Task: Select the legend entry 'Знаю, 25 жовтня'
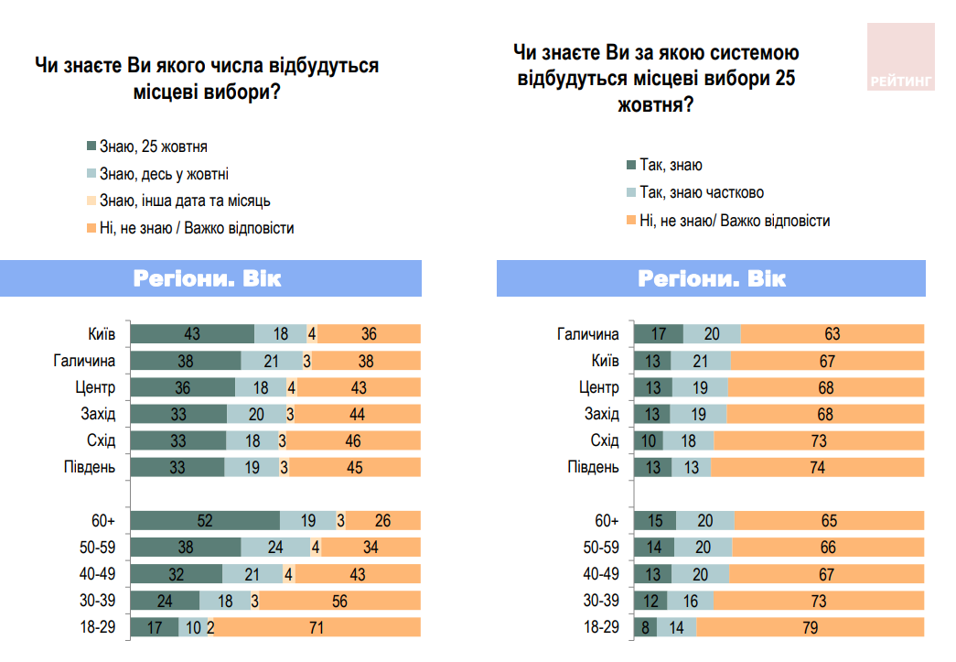146,147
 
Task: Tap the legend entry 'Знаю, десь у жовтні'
157,174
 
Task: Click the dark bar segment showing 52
205,521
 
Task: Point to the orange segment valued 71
317,627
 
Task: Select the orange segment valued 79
811,627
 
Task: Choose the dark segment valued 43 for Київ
192,334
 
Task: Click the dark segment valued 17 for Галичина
658,334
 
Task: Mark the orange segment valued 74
817,468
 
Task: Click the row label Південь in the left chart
91,468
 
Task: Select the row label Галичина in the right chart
587,334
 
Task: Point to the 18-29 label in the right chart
601,627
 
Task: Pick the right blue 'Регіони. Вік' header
711,278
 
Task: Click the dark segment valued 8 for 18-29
646,627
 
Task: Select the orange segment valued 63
832,334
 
